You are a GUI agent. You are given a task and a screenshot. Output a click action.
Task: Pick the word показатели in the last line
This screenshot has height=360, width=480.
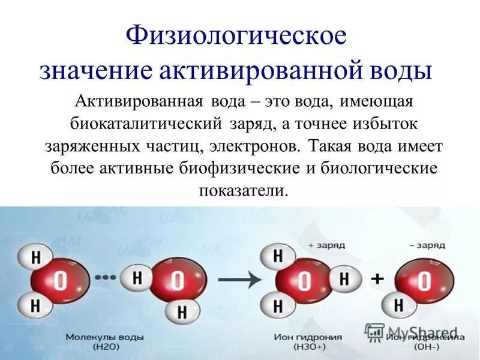pos(244,191)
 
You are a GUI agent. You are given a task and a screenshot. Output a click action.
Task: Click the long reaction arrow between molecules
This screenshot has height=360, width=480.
pos(237,279)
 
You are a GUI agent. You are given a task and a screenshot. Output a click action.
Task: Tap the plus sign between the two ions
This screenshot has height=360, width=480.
pos(378,279)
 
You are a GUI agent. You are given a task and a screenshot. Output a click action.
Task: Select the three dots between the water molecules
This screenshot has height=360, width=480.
pos(107,277)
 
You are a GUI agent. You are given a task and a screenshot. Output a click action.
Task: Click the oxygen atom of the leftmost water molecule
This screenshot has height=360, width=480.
pos(59,280)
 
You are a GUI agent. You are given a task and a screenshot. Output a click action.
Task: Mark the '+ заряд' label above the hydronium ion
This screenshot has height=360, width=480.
pos(325,245)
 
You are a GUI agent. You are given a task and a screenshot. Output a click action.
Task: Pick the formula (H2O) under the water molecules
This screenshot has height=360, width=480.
pos(96,348)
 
